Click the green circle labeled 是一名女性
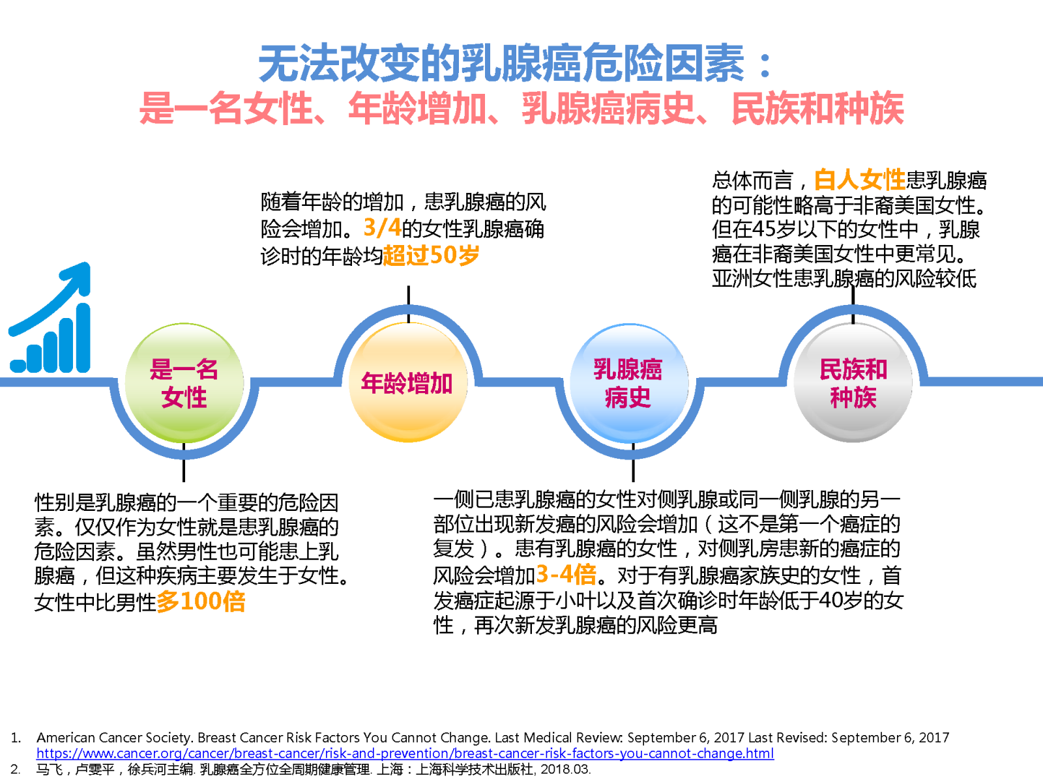coord(184,383)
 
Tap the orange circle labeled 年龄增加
coord(408,383)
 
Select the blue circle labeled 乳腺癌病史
coord(629,383)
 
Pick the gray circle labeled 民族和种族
coord(853,383)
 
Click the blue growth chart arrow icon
coord(50,317)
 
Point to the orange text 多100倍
coord(201,601)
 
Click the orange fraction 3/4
coord(383,227)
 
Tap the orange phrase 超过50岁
coord(431,255)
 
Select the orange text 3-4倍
coord(566,574)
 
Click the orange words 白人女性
coord(860,179)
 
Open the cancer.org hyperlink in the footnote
coord(405,753)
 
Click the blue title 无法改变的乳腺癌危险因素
coord(501,63)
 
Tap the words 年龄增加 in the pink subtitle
coord(417,108)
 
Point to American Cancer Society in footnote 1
coord(114,738)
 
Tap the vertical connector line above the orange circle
coord(408,304)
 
